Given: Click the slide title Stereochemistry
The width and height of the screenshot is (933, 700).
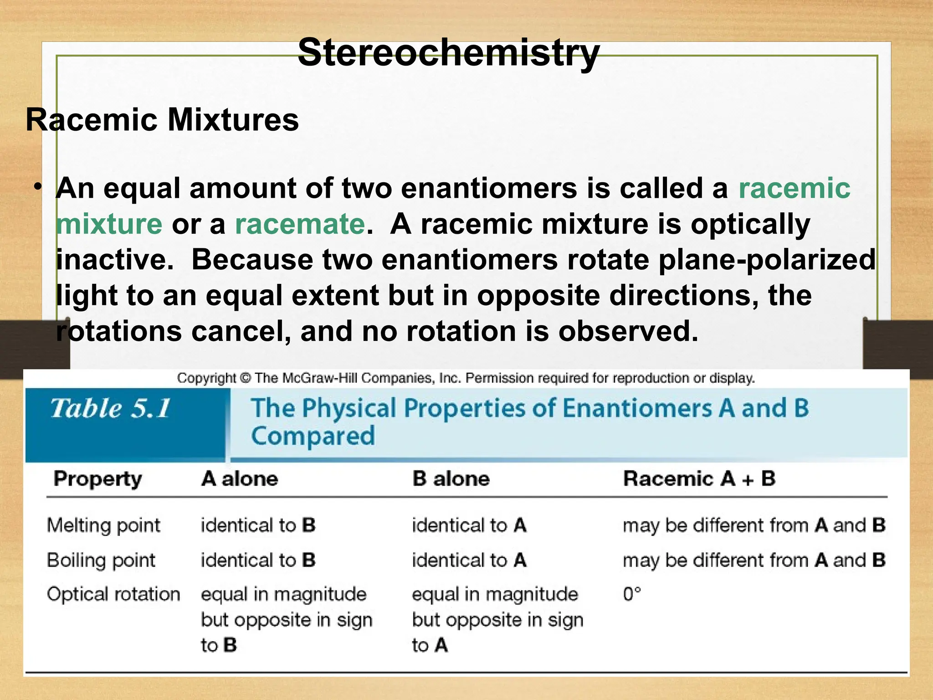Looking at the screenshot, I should point(448,53).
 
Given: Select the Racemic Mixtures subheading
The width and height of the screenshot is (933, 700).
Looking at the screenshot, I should point(162,120).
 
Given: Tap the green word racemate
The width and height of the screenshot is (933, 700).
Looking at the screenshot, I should point(300,224).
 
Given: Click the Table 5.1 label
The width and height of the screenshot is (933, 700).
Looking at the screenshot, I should point(111,408).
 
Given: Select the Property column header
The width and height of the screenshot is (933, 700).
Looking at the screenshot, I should point(97,479).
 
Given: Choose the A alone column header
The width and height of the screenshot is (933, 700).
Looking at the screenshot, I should point(240,479).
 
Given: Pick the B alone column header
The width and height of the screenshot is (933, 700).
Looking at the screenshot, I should point(451,479).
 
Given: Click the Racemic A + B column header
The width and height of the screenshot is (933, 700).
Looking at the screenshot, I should point(699,479).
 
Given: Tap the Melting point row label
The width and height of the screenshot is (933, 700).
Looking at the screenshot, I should point(103,525).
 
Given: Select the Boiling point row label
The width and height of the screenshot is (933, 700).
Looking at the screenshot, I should point(101,561).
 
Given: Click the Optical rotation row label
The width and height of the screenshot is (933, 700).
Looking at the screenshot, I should point(113,594).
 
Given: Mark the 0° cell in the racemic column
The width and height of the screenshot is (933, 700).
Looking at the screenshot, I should point(632,594).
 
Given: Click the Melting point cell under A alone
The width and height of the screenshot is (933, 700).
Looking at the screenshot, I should point(258,525).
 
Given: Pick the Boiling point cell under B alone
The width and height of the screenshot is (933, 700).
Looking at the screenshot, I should point(469,561).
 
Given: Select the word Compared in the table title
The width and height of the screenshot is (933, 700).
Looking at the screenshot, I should point(313,436).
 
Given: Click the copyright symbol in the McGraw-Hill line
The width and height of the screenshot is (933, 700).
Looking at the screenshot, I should point(246,378).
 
